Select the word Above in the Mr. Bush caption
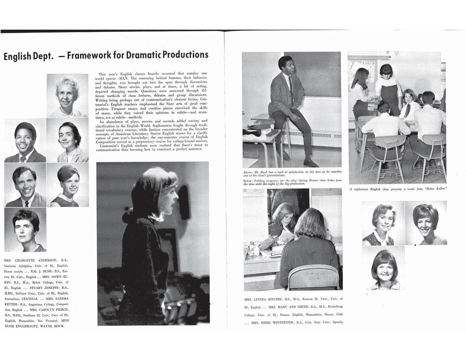point(248,172)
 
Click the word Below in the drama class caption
point(248,181)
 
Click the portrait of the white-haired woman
point(67,95)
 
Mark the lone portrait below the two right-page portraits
point(384,268)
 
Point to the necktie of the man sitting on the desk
point(290,85)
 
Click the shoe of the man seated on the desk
point(311,163)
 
